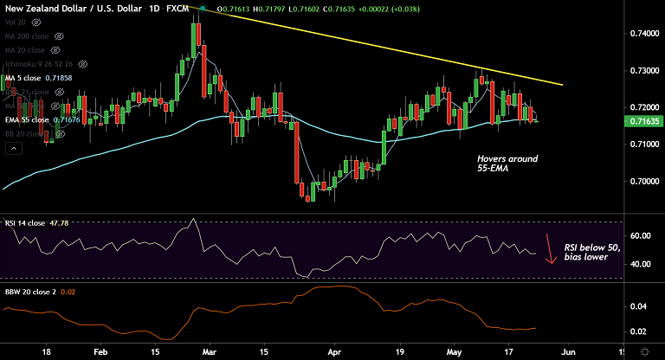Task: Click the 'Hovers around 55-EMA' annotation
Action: [x=507, y=164]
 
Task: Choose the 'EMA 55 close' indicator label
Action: [x=26, y=120]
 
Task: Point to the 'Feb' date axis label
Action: [x=100, y=351]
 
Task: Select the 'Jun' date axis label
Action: [x=567, y=351]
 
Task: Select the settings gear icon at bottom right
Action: [x=646, y=351]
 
